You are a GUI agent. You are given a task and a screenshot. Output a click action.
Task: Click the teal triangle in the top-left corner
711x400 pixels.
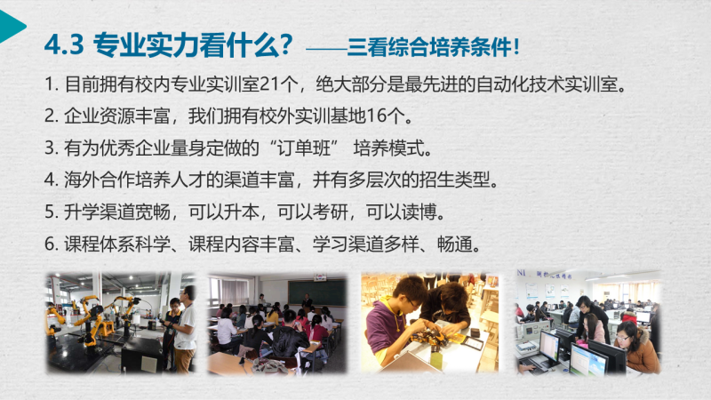[x=10, y=26]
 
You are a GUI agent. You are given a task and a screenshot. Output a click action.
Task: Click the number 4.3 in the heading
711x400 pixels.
[x=64, y=45]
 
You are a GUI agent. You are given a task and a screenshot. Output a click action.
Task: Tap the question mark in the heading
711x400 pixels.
[x=285, y=44]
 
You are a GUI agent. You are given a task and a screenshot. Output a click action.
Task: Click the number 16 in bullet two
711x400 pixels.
[x=375, y=116]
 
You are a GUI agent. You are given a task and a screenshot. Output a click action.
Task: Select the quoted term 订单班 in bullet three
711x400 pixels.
[x=304, y=148]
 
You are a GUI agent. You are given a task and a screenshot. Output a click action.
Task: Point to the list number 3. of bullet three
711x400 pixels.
[x=52, y=148]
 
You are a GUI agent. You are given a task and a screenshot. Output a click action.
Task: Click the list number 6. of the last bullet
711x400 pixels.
[x=52, y=244]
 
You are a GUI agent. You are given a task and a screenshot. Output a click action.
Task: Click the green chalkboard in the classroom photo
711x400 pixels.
[x=317, y=292]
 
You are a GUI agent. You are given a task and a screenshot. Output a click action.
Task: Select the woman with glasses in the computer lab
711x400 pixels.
[x=635, y=347]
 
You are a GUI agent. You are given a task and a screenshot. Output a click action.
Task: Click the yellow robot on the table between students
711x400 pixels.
[x=427, y=336]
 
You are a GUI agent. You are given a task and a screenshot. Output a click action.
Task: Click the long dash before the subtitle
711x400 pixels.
[x=326, y=49]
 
